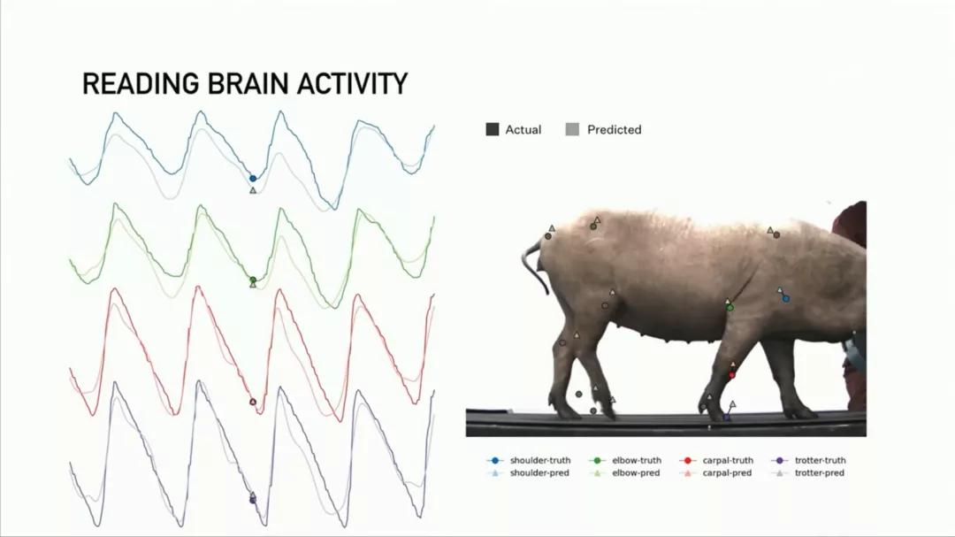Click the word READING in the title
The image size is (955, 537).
pyautogui.click(x=141, y=83)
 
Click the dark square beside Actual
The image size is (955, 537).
pyautogui.click(x=493, y=129)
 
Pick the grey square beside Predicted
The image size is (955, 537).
pyautogui.click(x=572, y=129)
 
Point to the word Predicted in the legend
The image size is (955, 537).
pyautogui.click(x=614, y=129)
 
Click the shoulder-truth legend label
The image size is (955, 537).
pyautogui.click(x=540, y=460)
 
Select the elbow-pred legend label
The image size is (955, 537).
pyautogui.click(x=636, y=473)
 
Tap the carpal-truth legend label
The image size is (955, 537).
pyautogui.click(x=728, y=460)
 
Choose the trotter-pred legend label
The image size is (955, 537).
pyautogui.click(x=819, y=473)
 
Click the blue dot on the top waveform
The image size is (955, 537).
pyautogui.click(x=254, y=179)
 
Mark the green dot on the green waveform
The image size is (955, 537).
pyautogui.click(x=254, y=280)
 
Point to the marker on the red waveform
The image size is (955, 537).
pyautogui.click(x=254, y=402)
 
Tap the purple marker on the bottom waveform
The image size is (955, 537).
pyautogui.click(x=254, y=499)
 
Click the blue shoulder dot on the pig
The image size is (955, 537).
pyautogui.click(x=786, y=299)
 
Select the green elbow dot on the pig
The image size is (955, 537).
pyautogui.click(x=730, y=308)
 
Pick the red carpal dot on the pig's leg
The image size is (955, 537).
pyautogui.click(x=732, y=375)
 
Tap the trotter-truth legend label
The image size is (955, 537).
pyautogui.click(x=820, y=460)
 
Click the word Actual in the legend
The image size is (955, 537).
pyautogui.click(x=523, y=129)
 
